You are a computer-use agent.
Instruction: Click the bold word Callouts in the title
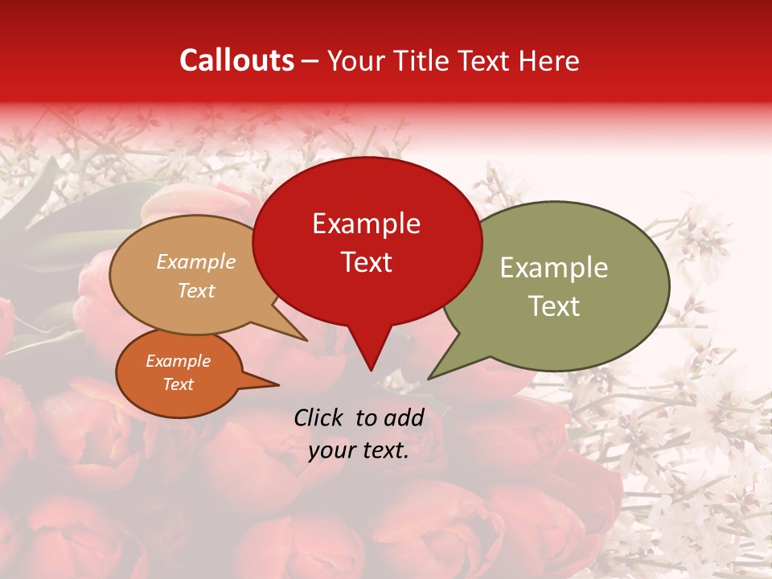click(236, 60)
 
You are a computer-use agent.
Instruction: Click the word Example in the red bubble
click(367, 224)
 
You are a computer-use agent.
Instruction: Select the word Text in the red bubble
click(367, 262)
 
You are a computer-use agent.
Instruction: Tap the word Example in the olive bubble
click(554, 268)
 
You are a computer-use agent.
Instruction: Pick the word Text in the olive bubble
click(554, 306)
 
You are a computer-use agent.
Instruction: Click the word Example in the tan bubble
click(196, 262)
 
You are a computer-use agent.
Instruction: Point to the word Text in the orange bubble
click(179, 384)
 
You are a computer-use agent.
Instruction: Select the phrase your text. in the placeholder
click(359, 451)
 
